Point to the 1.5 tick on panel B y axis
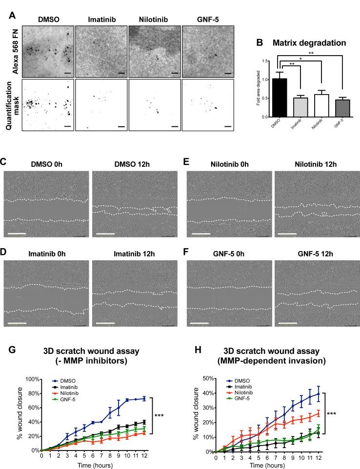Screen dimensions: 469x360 click(x=267, y=61)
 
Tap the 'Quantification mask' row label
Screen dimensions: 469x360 click(x=15, y=104)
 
